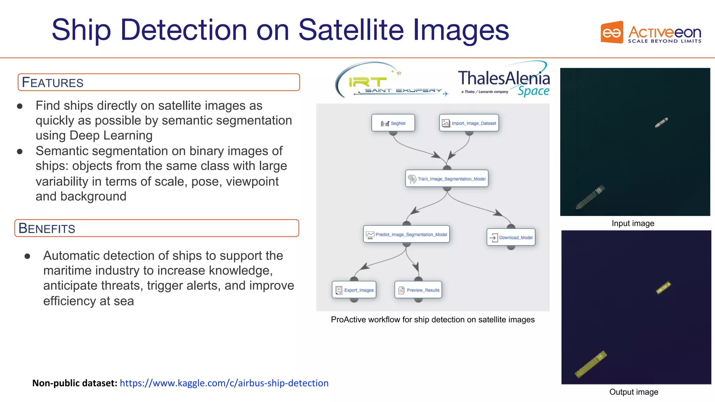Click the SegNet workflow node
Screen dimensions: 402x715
[393, 123]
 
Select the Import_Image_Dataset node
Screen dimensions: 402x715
[469, 123]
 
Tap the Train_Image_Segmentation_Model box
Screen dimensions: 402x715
[447, 179]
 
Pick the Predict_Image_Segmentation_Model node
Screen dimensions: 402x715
[406, 234]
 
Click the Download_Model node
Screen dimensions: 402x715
[511, 237]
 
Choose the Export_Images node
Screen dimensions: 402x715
[354, 290]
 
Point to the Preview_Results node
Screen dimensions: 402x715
[418, 290]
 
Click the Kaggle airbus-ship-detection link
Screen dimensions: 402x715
[224, 383]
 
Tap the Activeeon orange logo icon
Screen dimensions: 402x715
[612, 32]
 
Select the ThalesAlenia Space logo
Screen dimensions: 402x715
[503, 80]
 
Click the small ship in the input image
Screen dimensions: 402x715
[661, 122]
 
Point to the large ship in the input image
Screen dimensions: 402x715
[590, 197]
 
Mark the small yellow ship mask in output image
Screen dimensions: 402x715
[663, 288]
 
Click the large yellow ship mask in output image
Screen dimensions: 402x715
[591, 364]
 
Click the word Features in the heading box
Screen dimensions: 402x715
[53, 83]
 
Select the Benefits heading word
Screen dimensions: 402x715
[47, 229]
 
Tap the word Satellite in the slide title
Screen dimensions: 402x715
[351, 30]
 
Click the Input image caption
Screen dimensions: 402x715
[633, 223]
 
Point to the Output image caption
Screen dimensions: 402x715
[634, 392]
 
